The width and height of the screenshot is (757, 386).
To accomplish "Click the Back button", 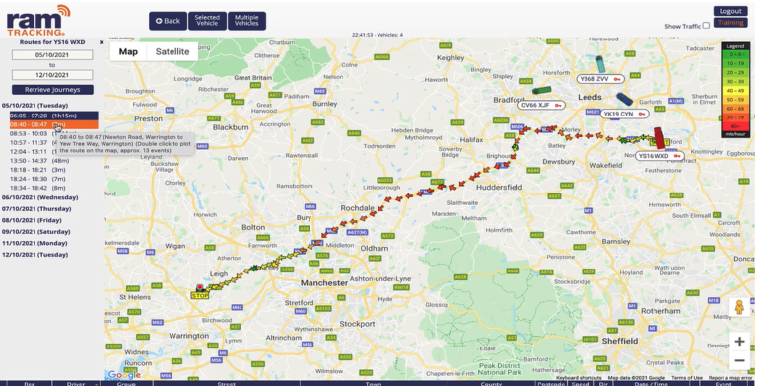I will coord(168,21).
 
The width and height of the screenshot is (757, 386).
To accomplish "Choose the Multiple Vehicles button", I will coord(246,21).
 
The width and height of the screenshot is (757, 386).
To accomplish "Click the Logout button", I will coord(730,11).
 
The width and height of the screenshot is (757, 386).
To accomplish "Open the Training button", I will coord(730,23).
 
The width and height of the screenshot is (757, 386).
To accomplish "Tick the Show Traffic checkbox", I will coord(706,26).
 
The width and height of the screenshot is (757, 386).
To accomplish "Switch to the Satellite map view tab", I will coord(172,51).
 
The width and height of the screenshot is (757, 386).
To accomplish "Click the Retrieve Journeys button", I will coord(52,89).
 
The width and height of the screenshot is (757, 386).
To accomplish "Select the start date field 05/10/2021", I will coord(52,55).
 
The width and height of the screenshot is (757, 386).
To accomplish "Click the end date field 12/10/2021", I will coord(52,74).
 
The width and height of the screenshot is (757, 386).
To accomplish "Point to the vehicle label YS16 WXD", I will coord(653,156).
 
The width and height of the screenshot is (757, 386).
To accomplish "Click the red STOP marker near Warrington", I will coord(200,294).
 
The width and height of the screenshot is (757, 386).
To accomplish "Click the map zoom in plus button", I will coord(738,341).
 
